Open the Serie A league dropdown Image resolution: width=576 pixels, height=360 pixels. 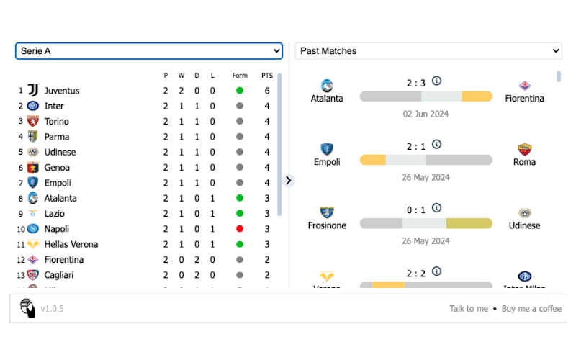pyautogui.click(x=148, y=51)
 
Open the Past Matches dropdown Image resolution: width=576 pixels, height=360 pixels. pyautogui.click(x=428, y=51)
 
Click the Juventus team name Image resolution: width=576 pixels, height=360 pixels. pyautogui.click(x=62, y=91)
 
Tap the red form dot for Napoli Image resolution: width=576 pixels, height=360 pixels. pyautogui.click(x=240, y=229)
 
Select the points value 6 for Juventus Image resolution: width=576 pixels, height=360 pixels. pyautogui.click(x=267, y=91)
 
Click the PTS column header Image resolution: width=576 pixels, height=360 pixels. pyautogui.click(x=267, y=76)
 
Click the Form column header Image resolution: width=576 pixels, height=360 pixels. pyautogui.click(x=240, y=76)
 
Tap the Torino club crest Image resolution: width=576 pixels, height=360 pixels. pyautogui.click(x=32, y=122)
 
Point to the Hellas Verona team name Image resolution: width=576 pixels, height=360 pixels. pyautogui.click(x=71, y=244)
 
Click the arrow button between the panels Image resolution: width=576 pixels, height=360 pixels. pyautogui.click(x=289, y=180)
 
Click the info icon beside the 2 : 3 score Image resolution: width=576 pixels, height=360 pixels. pyautogui.click(x=436, y=81)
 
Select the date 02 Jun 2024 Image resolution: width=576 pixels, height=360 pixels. pyautogui.click(x=426, y=114)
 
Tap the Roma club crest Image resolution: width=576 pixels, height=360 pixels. pyautogui.click(x=524, y=149)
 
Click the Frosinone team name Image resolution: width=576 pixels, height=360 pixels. pyautogui.click(x=327, y=225)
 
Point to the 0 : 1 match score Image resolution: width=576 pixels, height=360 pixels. pyautogui.click(x=416, y=210)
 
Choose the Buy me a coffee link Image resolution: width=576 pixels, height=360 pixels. pyautogui.click(x=531, y=309)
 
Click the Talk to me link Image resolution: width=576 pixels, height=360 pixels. pyautogui.click(x=469, y=309)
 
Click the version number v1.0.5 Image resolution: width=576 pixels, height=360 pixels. pyautogui.click(x=53, y=309)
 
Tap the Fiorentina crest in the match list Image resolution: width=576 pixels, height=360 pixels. pyautogui.click(x=524, y=86)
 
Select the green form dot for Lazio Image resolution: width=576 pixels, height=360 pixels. pyautogui.click(x=240, y=214)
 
